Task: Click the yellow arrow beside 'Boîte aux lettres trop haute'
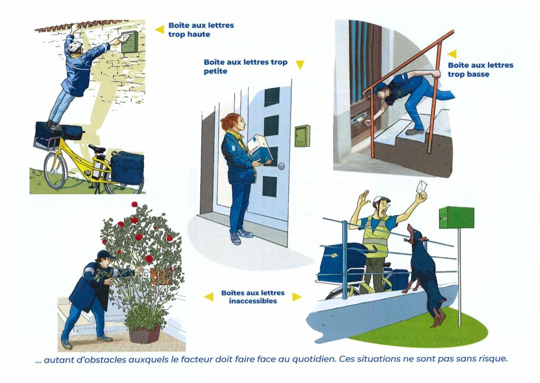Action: pyautogui.click(x=159, y=30)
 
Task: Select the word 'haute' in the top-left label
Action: pyautogui.click(x=199, y=34)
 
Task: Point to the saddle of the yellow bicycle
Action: pyautogui.click(x=97, y=148)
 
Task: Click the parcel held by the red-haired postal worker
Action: pyautogui.click(x=259, y=149)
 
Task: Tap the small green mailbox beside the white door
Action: pyautogui.click(x=302, y=136)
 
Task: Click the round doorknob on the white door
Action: pyautogui.click(x=282, y=166)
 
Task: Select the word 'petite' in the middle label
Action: pyautogui.click(x=216, y=71)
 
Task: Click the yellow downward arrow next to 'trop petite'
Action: pyautogui.click(x=300, y=64)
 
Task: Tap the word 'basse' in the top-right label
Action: pyautogui.click(x=477, y=74)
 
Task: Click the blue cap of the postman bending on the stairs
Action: pyautogui.click(x=380, y=87)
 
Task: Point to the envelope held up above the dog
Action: pyautogui.click(x=421, y=188)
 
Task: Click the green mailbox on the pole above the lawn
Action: pyautogui.click(x=456, y=217)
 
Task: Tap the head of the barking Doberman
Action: pyautogui.click(x=414, y=234)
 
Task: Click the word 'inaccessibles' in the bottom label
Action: pyautogui.click(x=253, y=301)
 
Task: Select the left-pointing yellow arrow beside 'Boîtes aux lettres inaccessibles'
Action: pyautogui.click(x=209, y=296)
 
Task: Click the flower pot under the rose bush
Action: pyautogui.click(x=145, y=334)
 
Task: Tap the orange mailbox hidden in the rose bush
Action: pyautogui.click(x=161, y=276)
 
